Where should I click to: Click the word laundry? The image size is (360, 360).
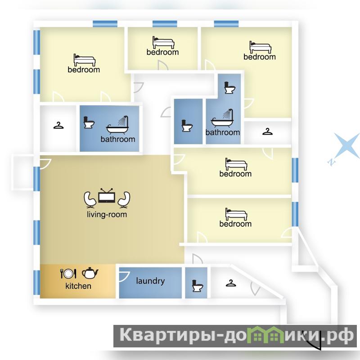150,281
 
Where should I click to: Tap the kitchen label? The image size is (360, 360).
78,286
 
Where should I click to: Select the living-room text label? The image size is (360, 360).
107,215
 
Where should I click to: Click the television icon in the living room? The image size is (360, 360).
107,196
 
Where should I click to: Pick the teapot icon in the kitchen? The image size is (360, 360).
90,273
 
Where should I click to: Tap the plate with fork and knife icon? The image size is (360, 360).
68,274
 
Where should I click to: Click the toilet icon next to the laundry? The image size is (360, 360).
198,286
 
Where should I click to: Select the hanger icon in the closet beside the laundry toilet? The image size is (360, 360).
231,283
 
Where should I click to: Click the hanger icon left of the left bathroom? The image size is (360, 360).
58,126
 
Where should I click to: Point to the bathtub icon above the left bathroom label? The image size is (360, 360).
117,125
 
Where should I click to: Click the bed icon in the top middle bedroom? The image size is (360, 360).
163,42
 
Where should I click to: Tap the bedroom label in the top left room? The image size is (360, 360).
84,70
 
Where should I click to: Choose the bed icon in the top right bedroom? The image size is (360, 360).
261,47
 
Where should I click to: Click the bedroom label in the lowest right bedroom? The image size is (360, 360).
235,224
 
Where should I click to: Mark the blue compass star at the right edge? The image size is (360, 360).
344,147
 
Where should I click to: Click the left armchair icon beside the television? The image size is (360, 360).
90,200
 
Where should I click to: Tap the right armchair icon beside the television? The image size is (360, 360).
124,200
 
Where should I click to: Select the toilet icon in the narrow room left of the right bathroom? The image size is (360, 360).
187,126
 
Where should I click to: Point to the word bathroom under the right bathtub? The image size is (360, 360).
223,132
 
